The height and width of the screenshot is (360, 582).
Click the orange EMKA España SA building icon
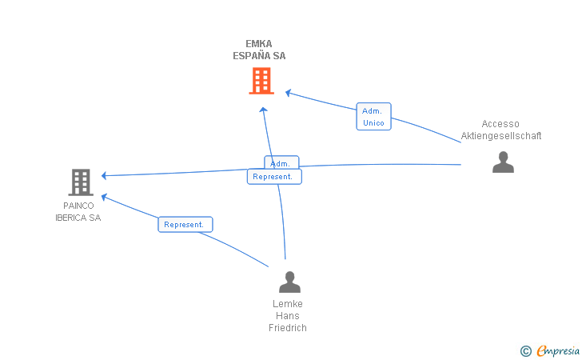coord(261,81)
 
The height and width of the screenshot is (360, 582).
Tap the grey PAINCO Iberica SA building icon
coord(81,182)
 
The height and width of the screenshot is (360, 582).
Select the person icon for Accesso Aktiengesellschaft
coord(503,162)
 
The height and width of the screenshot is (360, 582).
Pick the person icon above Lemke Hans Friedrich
coord(289,282)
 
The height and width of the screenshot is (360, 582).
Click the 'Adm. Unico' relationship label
coord(373,117)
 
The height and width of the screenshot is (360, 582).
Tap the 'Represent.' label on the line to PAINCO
coord(185,225)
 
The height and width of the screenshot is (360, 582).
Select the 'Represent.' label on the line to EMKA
coord(274,177)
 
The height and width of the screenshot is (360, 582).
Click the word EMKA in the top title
coord(259,44)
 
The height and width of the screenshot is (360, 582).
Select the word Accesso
coord(500,124)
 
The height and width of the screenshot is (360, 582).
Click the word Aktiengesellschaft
coord(501,136)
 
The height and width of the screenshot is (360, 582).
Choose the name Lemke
coord(288,304)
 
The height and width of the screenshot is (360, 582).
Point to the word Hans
coord(288,316)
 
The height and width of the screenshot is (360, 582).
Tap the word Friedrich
coord(288,328)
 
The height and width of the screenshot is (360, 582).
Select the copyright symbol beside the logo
coord(525,351)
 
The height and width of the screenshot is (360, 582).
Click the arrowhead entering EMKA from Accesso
coord(289,93)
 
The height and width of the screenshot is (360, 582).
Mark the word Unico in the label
coord(373,123)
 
